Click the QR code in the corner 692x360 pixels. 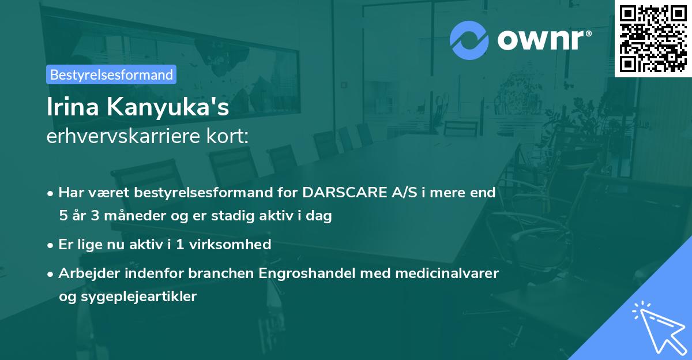[x=653, y=39]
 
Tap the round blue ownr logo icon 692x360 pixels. [x=469, y=40]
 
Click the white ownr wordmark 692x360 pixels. [x=541, y=40]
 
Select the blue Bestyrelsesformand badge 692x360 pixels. [x=111, y=74]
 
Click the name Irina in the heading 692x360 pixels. [x=73, y=107]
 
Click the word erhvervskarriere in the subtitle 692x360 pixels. [x=123, y=136]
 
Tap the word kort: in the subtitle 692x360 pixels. [x=227, y=136]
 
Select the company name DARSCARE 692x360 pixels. [x=344, y=192]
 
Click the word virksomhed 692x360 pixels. [x=230, y=244]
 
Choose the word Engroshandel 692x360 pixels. [x=307, y=273]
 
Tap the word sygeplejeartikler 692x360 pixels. [x=139, y=297]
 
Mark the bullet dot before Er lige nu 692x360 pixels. [x=50, y=246]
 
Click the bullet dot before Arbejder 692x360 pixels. [x=50, y=275]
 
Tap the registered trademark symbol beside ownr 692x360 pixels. [x=588, y=33]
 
